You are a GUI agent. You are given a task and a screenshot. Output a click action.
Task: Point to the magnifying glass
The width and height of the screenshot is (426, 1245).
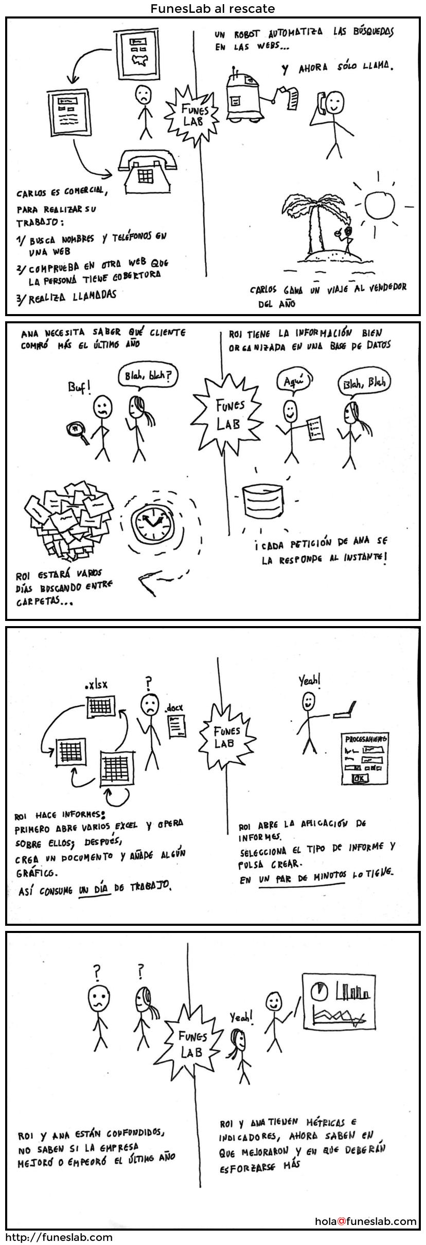pos(78,429)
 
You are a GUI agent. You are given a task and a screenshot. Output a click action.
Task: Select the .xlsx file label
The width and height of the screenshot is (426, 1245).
pos(96,685)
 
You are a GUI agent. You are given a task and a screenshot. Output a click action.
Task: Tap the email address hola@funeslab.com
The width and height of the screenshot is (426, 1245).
pos(366,1221)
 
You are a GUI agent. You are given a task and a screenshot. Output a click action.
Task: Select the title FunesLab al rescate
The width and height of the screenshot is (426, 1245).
pos(212,9)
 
